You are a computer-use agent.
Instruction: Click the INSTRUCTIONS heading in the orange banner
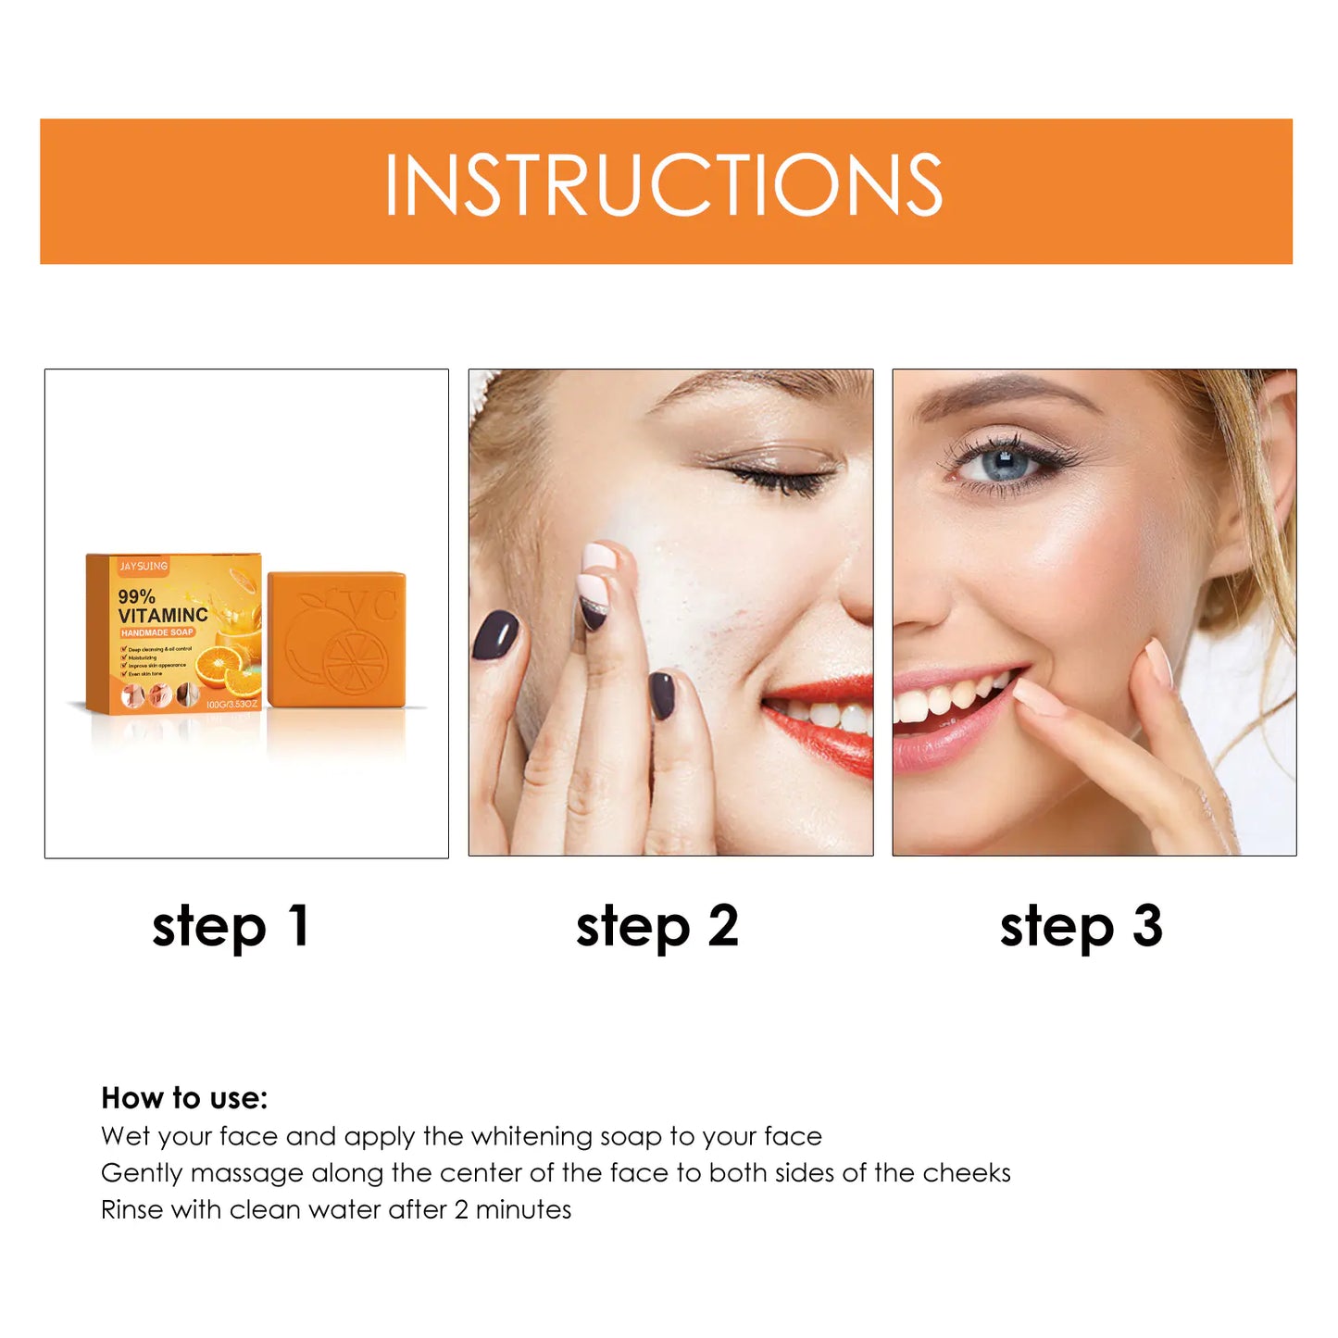click(x=664, y=185)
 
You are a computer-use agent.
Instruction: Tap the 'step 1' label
click(x=231, y=927)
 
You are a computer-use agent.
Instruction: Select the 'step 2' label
click(x=656, y=927)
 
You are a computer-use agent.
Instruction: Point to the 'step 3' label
click(x=1081, y=927)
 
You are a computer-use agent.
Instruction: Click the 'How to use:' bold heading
click(x=184, y=1098)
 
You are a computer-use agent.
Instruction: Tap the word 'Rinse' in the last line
click(x=131, y=1209)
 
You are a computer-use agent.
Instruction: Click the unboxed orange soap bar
click(x=336, y=639)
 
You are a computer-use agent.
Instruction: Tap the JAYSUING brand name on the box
click(x=144, y=566)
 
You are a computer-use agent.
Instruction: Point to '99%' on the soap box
click(x=136, y=597)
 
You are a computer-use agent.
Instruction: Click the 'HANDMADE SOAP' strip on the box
click(x=156, y=632)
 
